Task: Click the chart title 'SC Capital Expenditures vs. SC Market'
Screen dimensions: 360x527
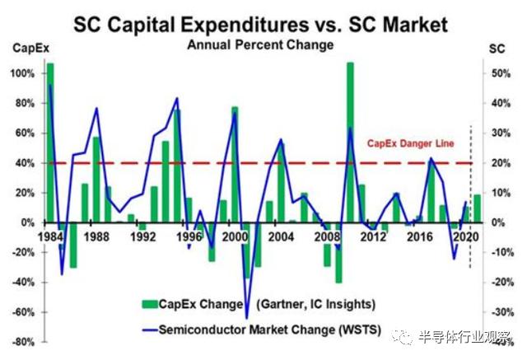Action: pyautogui.click(x=263, y=24)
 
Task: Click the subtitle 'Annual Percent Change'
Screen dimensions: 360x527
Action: pyautogui.click(x=263, y=44)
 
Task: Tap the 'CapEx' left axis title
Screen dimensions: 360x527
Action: pyautogui.click(x=25, y=49)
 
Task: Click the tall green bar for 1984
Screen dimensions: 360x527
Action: pyautogui.click(x=50, y=140)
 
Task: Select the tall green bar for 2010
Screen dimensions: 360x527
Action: pyautogui.click(x=350, y=140)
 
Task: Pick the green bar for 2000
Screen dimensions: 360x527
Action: pyautogui.click(x=235, y=165)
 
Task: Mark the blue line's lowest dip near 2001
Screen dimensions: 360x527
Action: pyautogui.click(x=246, y=317)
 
